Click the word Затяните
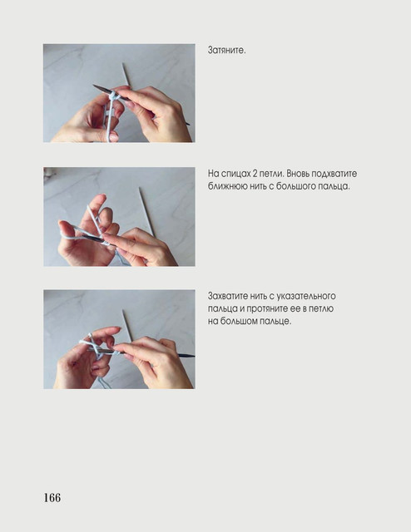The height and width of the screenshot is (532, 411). (226, 51)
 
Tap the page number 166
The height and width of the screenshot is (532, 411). (52, 498)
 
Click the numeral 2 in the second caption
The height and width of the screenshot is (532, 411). (255, 174)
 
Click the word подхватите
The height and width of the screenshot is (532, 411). (334, 174)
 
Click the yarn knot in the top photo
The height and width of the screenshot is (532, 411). (113, 97)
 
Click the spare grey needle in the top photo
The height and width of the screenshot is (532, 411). (126, 74)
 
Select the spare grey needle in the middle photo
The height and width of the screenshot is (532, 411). (146, 210)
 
